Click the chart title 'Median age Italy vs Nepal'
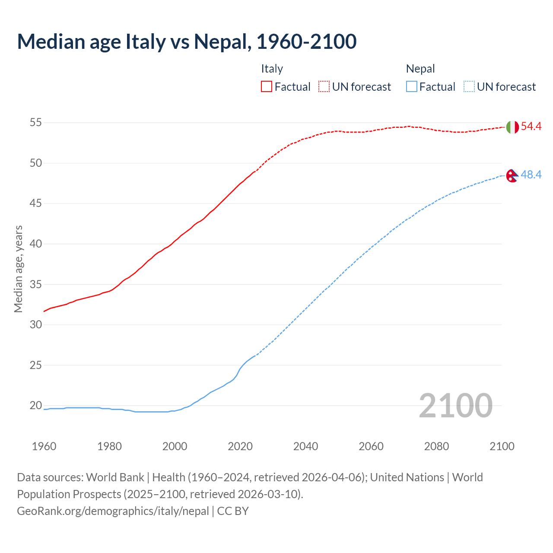click(187, 41)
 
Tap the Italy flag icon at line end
click(512, 127)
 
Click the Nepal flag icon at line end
click(512, 176)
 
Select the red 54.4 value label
click(531, 127)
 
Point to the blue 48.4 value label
click(531, 175)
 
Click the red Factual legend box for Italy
click(267, 87)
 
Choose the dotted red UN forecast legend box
click(324, 87)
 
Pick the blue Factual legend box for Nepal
click(411, 87)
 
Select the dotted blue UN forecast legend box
click(469, 87)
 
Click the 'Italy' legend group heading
click(272, 69)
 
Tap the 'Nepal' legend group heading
click(420, 69)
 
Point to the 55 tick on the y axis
click(35, 123)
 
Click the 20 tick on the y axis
click(35, 406)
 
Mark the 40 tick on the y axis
click(35, 244)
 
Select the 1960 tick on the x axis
click(44, 446)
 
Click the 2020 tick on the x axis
click(240, 446)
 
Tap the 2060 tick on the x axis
click(371, 446)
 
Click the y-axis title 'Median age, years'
click(18, 269)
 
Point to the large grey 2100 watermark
click(456, 406)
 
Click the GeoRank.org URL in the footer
click(113, 511)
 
